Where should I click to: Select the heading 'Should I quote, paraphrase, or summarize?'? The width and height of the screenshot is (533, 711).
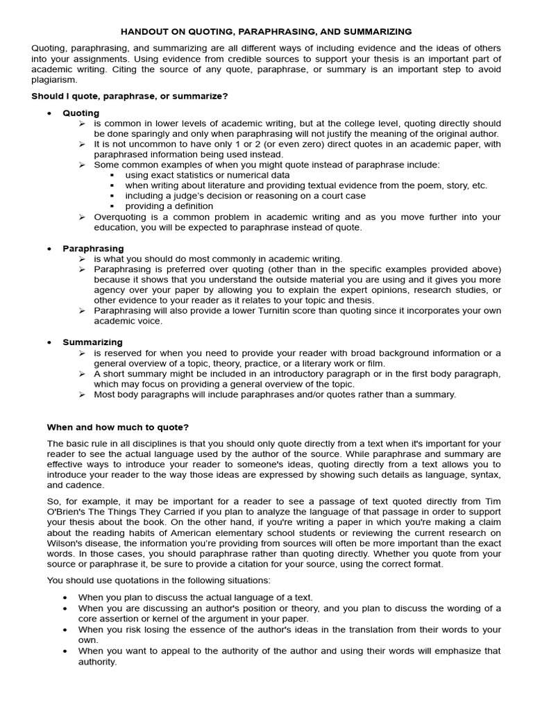130,96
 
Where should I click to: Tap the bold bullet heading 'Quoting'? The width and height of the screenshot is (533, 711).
81,113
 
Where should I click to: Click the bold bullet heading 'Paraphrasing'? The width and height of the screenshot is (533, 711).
93,249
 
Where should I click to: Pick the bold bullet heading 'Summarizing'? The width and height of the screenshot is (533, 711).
92,342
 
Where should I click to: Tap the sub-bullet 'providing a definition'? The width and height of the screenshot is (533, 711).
169,206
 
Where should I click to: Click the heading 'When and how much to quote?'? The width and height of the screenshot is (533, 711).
117,427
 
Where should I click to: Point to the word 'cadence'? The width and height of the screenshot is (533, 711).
84,485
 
